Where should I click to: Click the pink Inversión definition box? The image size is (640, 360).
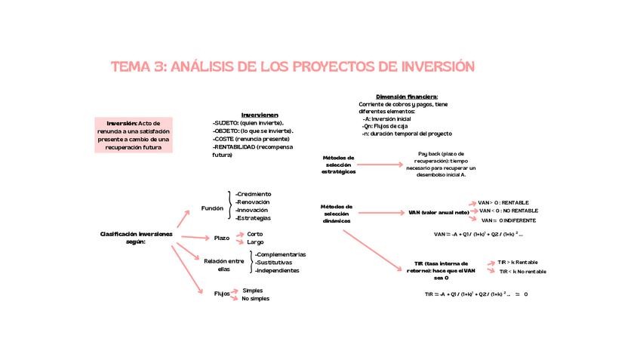pyautogui.click(x=134, y=135)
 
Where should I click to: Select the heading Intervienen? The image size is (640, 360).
pyautogui.click(x=260, y=114)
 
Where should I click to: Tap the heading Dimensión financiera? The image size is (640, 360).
pyautogui.click(x=407, y=97)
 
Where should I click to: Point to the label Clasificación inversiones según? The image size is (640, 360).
pyautogui.click(x=136, y=238)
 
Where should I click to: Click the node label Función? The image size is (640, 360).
pyautogui.click(x=213, y=208)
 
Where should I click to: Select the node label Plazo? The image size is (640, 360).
pyautogui.click(x=221, y=238)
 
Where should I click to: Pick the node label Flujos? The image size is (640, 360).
pyautogui.click(x=221, y=294)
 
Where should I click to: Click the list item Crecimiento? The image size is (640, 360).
pyautogui.click(x=254, y=194)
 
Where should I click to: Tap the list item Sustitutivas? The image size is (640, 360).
pyautogui.click(x=276, y=263)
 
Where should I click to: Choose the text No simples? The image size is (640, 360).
pyautogui.click(x=255, y=299)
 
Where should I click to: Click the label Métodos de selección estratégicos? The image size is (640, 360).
pyautogui.click(x=338, y=165)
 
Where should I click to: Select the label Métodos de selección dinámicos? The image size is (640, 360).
pyautogui.click(x=337, y=214)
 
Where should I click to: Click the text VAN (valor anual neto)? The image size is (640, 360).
pyautogui.click(x=438, y=213)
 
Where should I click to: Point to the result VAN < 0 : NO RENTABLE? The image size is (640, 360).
pyautogui.click(x=508, y=211)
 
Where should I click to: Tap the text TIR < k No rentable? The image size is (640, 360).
pyautogui.click(x=522, y=271)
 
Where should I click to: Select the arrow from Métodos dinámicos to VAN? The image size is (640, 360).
pyautogui.click(x=380, y=213)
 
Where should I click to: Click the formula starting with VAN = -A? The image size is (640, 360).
pyautogui.click(x=477, y=235)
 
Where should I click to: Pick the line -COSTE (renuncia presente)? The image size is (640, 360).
pyautogui.click(x=252, y=139)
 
